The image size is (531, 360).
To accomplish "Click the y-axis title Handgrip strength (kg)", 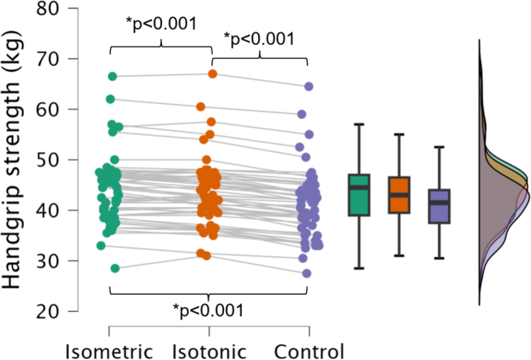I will click(x=15, y=159).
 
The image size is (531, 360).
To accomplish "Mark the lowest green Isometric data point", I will click(x=115, y=268).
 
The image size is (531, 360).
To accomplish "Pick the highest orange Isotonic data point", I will click(x=212, y=74).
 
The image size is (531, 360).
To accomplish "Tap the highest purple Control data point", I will click(x=308, y=87).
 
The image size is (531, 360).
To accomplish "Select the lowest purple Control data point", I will click(x=307, y=273).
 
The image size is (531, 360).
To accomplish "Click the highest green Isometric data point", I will click(x=112, y=76).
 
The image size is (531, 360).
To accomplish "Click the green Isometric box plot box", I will click(x=358, y=195).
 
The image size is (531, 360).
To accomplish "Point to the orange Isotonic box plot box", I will click(x=398, y=195).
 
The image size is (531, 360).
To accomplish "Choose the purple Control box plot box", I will click(x=440, y=206).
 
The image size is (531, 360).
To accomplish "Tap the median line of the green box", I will click(x=358, y=187).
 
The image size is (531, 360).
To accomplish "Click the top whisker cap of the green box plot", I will click(x=358, y=124).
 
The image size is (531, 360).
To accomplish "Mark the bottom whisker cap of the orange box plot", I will click(x=398, y=255).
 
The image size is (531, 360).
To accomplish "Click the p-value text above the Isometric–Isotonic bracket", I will click(x=162, y=22).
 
